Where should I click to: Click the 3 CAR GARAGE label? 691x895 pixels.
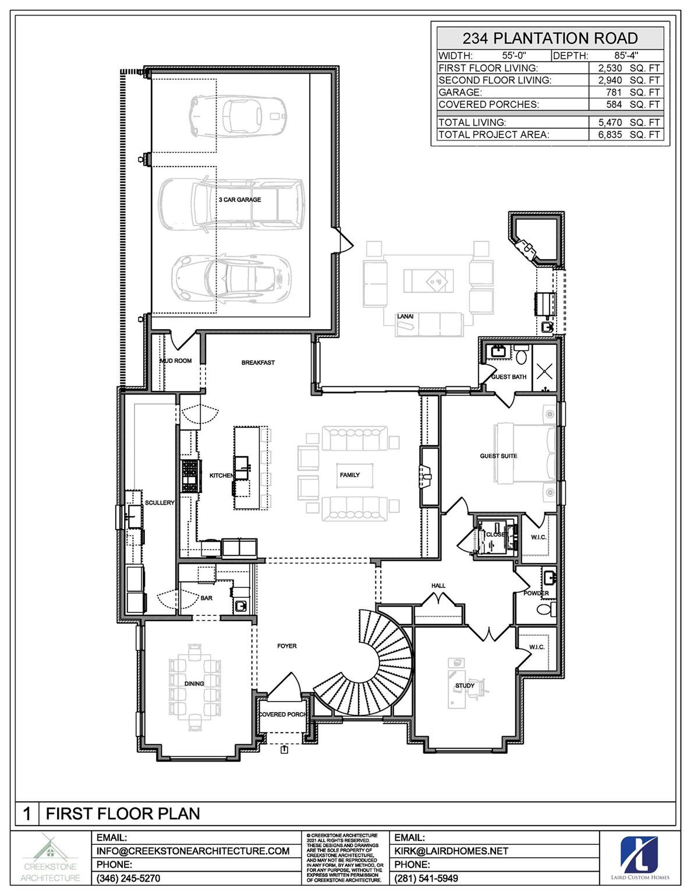(x=240, y=199)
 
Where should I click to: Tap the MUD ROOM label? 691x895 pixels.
(x=176, y=361)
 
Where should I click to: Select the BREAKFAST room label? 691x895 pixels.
(x=258, y=362)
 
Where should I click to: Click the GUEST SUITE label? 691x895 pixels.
(x=498, y=456)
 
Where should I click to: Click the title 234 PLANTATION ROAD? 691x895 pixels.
(x=550, y=38)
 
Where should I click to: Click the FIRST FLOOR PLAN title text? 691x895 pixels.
(x=123, y=813)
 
